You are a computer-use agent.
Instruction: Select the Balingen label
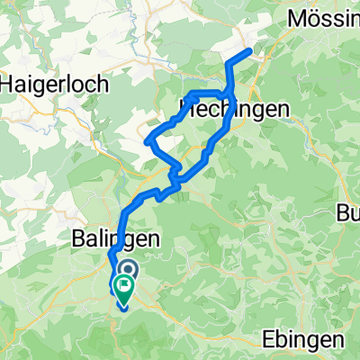[x=103, y=239]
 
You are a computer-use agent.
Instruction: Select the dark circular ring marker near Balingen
[x=127, y=269]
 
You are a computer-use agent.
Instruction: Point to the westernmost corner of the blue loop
[x=147, y=141]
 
